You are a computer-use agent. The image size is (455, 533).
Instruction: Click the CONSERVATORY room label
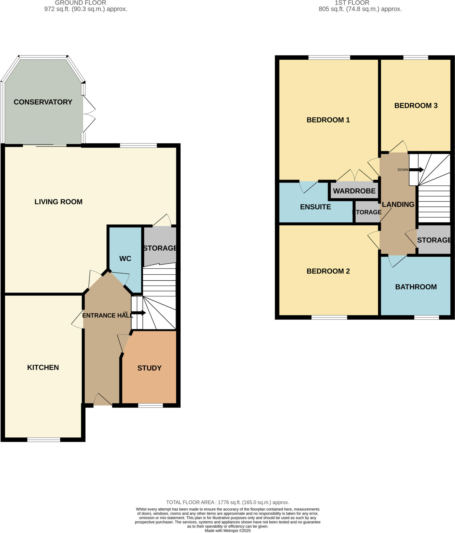pyautogui.click(x=43, y=102)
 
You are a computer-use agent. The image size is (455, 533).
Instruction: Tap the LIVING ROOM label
pyautogui.click(x=58, y=202)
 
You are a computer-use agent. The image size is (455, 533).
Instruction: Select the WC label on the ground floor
pyautogui.click(x=125, y=258)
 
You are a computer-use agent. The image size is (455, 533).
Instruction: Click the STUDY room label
pyautogui.click(x=149, y=368)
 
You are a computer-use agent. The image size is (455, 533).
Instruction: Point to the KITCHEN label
pyautogui.click(x=43, y=367)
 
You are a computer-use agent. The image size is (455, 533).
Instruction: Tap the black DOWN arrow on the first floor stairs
pyautogui.click(x=417, y=170)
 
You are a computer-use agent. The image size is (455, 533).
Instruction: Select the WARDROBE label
pyautogui.click(x=354, y=191)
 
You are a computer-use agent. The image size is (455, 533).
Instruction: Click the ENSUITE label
pyautogui.click(x=315, y=207)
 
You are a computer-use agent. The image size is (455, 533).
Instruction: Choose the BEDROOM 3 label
pyautogui.click(x=416, y=106)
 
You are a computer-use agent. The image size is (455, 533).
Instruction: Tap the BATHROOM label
pyautogui.click(x=416, y=287)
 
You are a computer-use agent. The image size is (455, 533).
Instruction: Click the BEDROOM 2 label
pyautogui.click(x=328, y=271)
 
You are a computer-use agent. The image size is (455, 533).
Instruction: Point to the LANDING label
pyautogui.click(x=398, y=205)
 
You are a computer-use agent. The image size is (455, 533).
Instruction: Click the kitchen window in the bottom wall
pyautogui.click(x=44, y=440)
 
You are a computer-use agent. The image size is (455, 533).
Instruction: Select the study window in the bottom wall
pyautogui.click(x=150, y=405)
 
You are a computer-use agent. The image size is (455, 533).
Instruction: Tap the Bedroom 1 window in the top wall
pyautogui.click(x=329, y=58)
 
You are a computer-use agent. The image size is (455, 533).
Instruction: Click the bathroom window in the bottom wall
pyautogui.click(x=426, y=317)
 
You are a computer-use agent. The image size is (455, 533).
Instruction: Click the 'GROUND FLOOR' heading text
pyautogui.click(x=80, y=3)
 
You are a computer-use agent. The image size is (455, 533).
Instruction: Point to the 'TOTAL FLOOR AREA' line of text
pyautogui.click(x=228, y=503)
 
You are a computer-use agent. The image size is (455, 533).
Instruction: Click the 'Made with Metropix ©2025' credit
pyautogui.click(x=228, y=531)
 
